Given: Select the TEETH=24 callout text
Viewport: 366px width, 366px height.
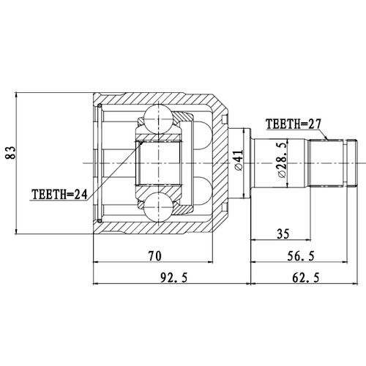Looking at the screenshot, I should point(60,195).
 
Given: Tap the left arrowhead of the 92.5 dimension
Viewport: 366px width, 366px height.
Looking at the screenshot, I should point(96,283).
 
